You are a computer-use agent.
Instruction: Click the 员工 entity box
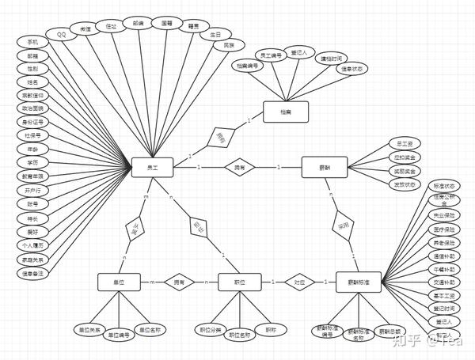[x=152, y=167]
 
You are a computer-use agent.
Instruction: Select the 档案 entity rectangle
[x=285, y=112]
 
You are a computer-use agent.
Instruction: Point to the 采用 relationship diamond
[x=342, y=225]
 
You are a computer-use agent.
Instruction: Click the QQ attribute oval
[x=61, y=34]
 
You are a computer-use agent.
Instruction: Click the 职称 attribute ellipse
[x=272, y=329]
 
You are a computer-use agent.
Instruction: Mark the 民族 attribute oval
[x=230, y=46]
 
